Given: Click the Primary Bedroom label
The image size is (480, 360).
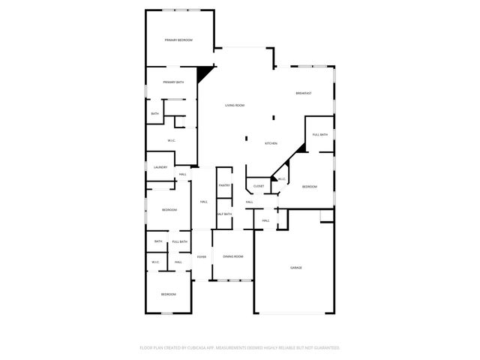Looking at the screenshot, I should (178, 40).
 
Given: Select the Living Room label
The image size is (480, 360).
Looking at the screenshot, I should (235, 105).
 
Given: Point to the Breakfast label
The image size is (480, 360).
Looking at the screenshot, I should (303, 93).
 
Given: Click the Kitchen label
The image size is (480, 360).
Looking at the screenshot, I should (271, 143).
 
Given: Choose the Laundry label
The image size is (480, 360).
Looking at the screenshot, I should (160, 166).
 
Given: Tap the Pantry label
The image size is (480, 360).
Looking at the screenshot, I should (223, 185).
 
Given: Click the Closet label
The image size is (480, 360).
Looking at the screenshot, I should (258, 186).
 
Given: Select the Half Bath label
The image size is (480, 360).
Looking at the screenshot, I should (223, 214).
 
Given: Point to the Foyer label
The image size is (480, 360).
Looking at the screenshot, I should (201, 257).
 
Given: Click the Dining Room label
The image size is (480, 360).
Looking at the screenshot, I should (232, 257).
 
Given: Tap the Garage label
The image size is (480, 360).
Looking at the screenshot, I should (296, 268).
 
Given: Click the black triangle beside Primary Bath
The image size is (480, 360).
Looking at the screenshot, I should (203, 73).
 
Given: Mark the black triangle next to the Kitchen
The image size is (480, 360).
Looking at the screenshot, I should (301, 148).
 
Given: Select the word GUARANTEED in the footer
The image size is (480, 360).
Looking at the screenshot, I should (325, 348).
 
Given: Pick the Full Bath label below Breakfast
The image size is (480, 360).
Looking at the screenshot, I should (319, 134).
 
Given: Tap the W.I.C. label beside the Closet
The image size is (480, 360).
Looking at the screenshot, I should (281, 179).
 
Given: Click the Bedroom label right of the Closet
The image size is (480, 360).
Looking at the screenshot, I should (309, 186).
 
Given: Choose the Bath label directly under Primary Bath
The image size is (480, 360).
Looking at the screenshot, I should (154, 114).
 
